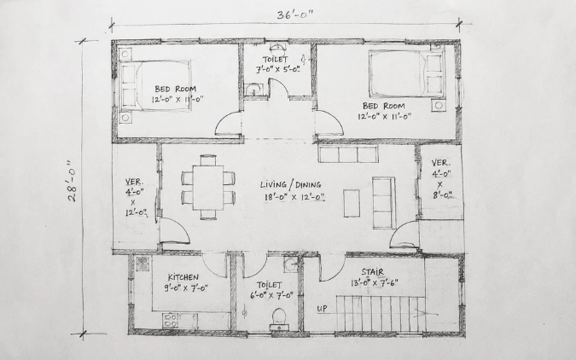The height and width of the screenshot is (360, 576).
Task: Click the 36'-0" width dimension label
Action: [x=295, y=15]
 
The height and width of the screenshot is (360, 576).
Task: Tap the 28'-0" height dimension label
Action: [x=73, y=181]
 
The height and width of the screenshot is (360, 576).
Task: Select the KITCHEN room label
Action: [x=183, y=277]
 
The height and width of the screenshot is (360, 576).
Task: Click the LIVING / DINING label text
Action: [x=291, y=185]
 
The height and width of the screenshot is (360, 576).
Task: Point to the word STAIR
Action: [x=373, y=272]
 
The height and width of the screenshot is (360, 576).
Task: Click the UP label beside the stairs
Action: [x=322, y=309]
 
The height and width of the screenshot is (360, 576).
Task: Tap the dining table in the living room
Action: [x=208, y=188]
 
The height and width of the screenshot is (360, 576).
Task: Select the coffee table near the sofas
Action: [x=352, y=203]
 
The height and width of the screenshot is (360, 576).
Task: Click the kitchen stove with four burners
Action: [x=170, y=320]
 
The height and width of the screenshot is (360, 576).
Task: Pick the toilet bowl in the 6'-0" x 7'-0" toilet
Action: [x=279, y=316]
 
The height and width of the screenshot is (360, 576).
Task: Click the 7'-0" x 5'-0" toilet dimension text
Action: [x=278, y=69]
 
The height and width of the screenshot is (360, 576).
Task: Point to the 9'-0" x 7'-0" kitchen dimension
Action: [x=186, y=287]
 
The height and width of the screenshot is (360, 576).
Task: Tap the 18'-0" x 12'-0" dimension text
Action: [x=294, y=197]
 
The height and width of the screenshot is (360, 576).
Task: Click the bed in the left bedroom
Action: [x=154, y=85]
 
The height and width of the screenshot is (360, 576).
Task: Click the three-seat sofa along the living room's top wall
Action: [x=348, y=154]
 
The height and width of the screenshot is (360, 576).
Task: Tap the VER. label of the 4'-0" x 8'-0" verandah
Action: [x=440, y=162]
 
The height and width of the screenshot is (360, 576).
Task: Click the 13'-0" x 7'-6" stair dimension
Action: [x=375, y=283]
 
